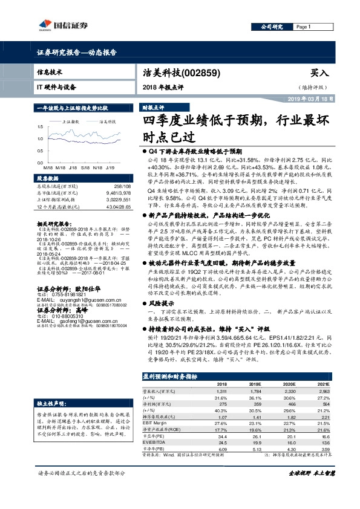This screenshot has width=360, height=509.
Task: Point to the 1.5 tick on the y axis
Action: (x=39, y=127)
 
